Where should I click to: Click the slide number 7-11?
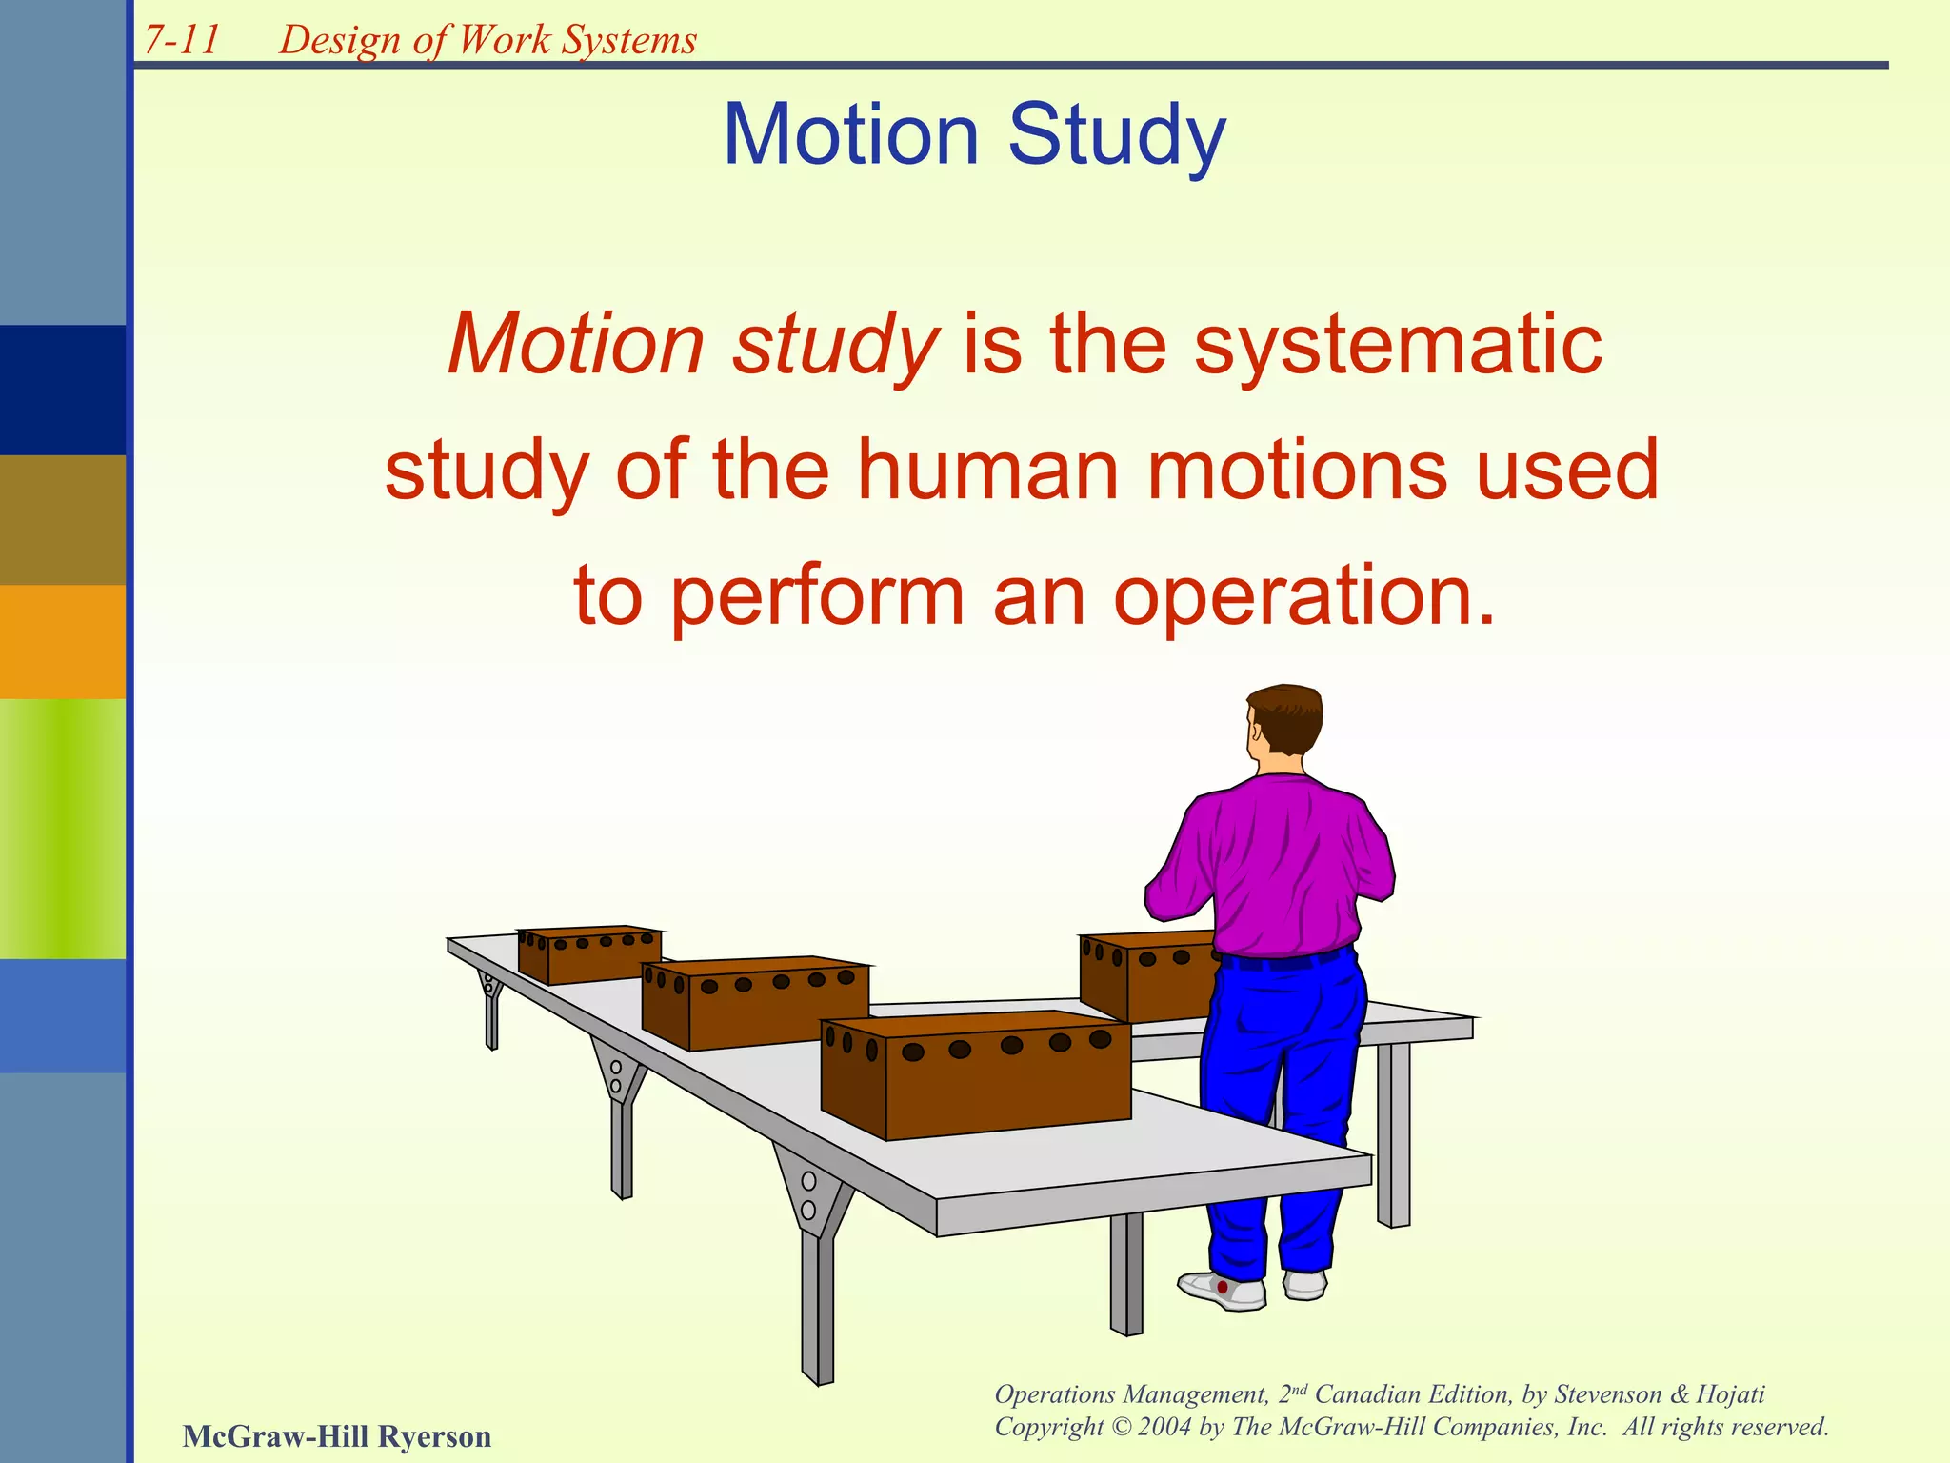click(182, 40)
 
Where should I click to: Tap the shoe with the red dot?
click(1222, 1289)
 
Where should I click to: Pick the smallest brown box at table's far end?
click(590, 954)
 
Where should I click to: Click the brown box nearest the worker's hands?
click(1147, 976)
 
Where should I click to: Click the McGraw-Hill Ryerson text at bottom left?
click(337, 1435)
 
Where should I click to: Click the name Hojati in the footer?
click(1730, 1394)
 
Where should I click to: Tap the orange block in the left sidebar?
click(62, 642)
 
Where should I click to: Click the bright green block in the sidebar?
click(62, 829)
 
